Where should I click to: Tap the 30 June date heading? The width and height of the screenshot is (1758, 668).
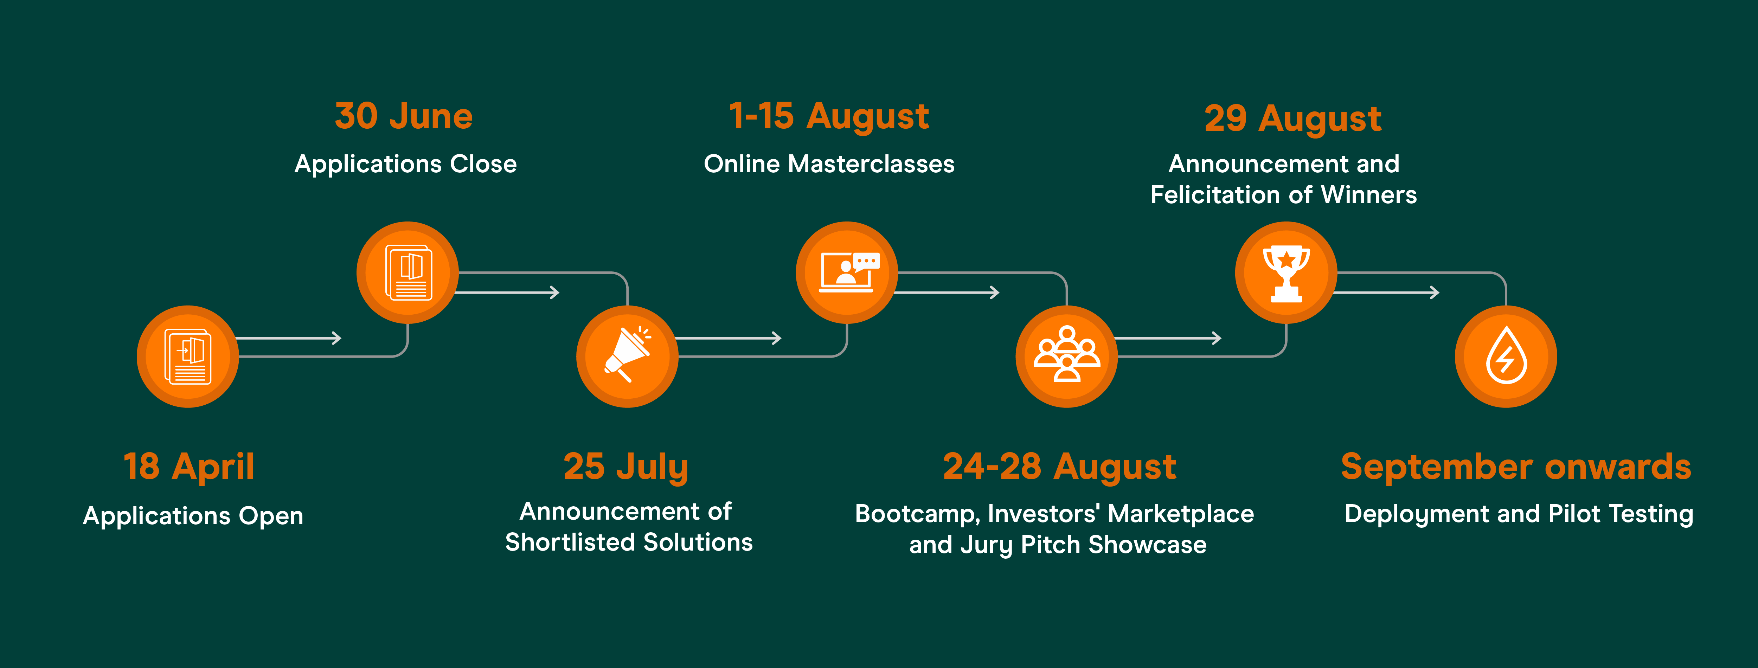[x=404, y=116]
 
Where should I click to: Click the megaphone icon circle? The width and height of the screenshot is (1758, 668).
[x=627, y=356]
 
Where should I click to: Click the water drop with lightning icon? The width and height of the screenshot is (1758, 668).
[x=1506, y=356]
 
